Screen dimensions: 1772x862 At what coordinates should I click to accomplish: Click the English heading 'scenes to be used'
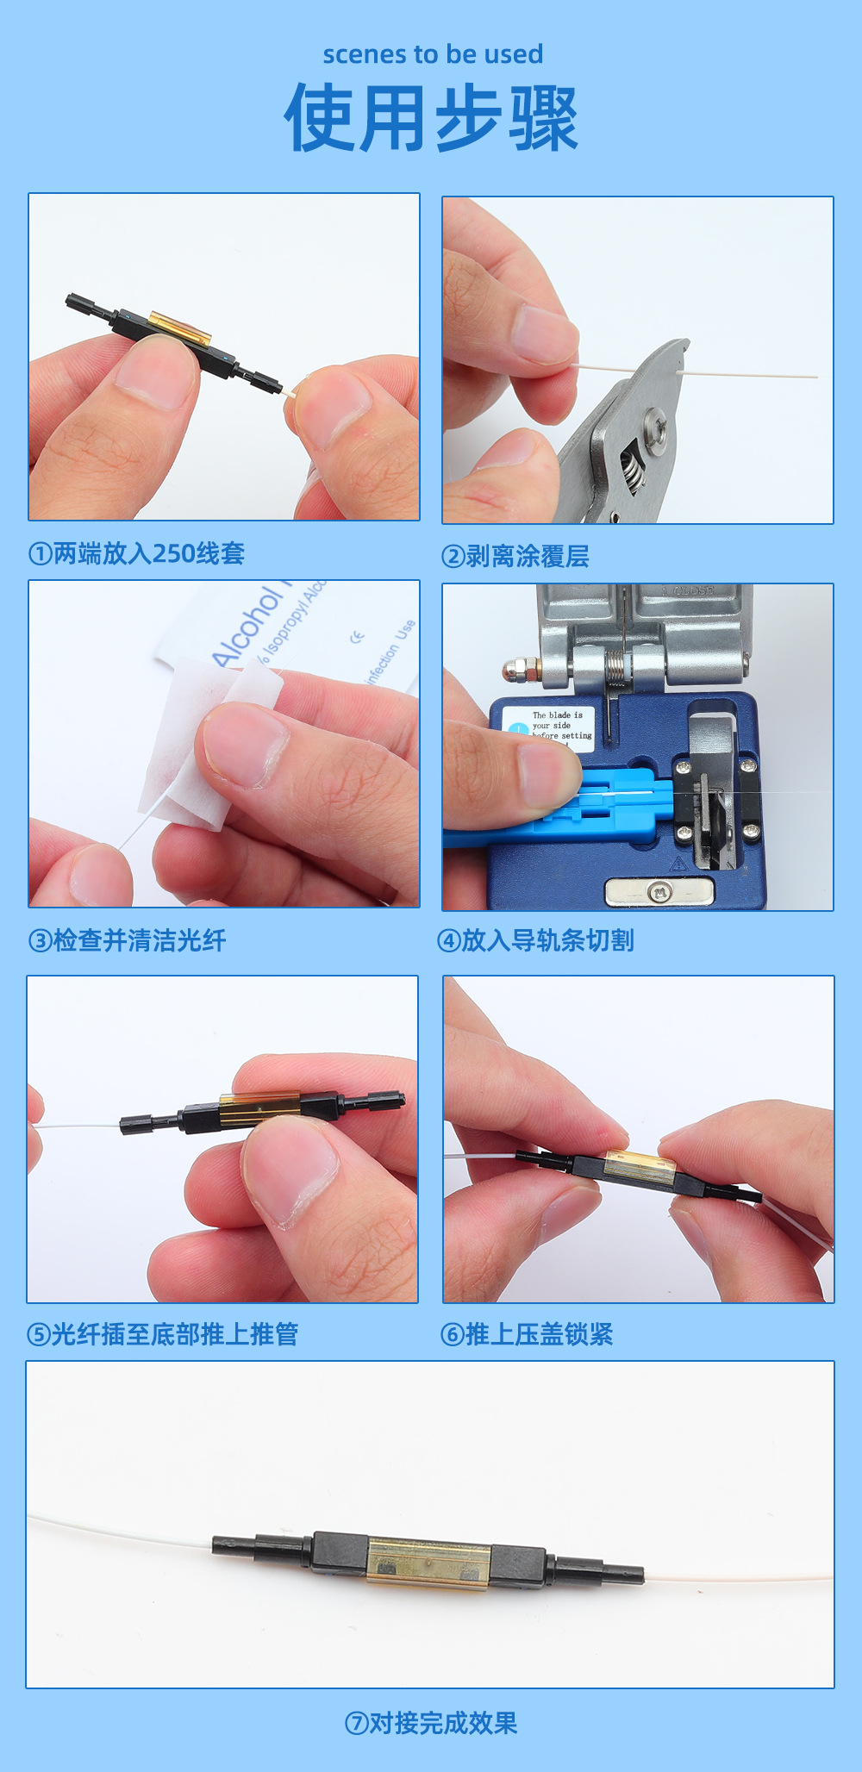click(x=433, y=54)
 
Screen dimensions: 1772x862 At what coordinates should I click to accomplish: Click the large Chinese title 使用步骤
click(x=431, y=118)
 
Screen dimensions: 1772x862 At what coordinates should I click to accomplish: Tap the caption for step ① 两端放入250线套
click(x=137, y=553)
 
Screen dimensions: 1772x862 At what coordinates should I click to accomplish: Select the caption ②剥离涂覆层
click(x=515, y=557)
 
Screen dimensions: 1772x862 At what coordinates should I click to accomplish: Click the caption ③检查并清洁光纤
click(x=128, y=940)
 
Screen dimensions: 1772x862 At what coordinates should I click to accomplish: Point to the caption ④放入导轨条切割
click(x=536, y=940)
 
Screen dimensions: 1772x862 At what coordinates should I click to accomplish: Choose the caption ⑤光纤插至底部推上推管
click(x=163, y=1334)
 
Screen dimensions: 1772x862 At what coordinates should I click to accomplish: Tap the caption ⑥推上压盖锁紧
click(x=527, y=1334)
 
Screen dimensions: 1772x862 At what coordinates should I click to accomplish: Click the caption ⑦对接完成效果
click(x=431, y=1723)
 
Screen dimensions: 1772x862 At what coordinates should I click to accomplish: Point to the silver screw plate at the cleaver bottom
click(x=659, y=891)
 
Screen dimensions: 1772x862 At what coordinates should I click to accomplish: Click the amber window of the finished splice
click(x=428, y=1563)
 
